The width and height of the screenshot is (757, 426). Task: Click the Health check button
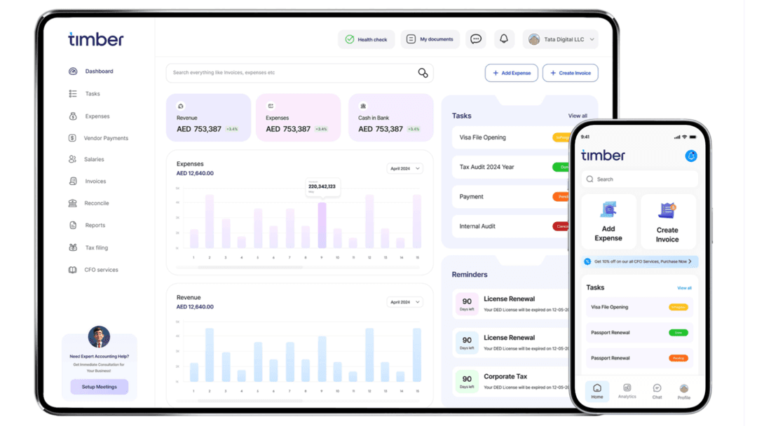(x=366, y=39)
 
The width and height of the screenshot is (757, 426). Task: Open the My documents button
(x=430, y=39)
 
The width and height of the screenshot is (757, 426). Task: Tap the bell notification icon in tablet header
(x=503, y=39)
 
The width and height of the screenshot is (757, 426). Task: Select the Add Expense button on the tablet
(x=511, y=73)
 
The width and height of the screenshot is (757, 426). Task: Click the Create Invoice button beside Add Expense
(x=570, y=73)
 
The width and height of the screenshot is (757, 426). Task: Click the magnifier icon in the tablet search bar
(x=423, y=73)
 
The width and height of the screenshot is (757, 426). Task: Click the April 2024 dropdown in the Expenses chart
(x=404, y=168)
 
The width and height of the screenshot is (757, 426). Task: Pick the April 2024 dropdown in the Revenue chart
(x=404, y=302)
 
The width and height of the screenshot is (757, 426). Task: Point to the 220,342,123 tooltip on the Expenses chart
(x=322, y=187)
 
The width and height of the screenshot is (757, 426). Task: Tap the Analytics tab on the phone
(x=627, y=391)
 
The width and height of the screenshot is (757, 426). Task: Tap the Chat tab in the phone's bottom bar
(x=657, y=391)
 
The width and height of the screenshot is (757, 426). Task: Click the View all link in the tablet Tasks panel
(x=578, y=116)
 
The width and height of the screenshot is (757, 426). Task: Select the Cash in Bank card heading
(x=374, y=118)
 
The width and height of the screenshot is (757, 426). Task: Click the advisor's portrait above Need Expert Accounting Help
(x=99, y=337)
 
